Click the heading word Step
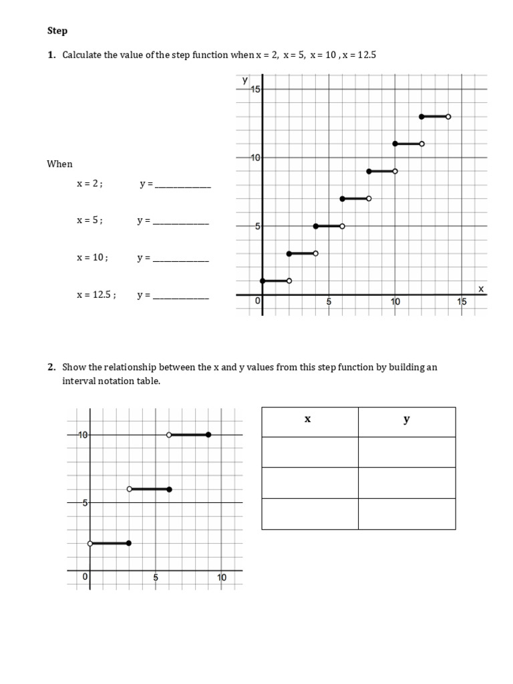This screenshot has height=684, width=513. coord(57,31)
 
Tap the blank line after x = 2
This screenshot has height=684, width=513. coord(182,185)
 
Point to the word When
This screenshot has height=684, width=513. coord(59,164)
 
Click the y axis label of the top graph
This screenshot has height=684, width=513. coord(244,79)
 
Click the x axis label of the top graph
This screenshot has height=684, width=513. coord(480,288)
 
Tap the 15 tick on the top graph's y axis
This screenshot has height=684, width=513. coord(256,90)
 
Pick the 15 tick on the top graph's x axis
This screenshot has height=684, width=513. coord(462,302)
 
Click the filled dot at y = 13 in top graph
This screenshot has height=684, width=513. coord(421,117)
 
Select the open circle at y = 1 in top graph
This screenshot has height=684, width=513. coord(289,281)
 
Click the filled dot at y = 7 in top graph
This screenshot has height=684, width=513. coord(342,198)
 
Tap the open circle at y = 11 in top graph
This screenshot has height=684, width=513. coord(421,144)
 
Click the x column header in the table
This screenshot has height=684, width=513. coord(309,420)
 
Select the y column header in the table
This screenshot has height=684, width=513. coord(406,420)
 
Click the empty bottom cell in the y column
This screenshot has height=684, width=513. coord(406,513)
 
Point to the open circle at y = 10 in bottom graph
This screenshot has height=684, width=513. coord(169,435)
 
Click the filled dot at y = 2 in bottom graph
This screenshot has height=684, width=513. coord(129,543)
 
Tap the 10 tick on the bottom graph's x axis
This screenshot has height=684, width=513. coord(222,578)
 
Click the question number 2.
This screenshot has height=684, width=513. coord(51,367)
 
